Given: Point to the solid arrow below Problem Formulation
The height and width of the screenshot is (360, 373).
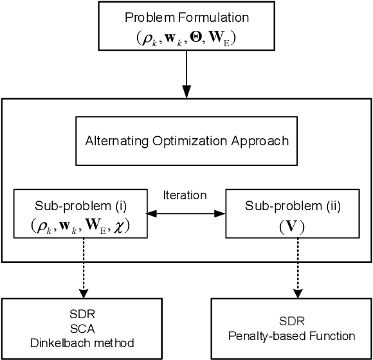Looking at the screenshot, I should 186,74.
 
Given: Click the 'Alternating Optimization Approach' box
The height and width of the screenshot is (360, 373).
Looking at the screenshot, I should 186,140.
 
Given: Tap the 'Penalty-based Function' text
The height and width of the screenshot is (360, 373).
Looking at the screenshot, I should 293,335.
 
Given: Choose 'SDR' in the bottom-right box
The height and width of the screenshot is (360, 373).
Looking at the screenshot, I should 293,322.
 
